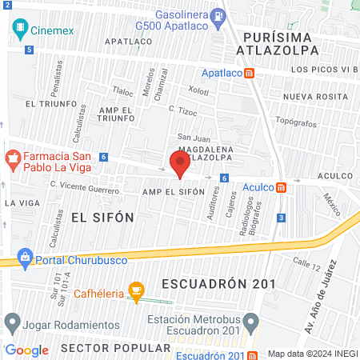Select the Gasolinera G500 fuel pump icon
click(x=218, y=15)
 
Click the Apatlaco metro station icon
click(x=250, y=73)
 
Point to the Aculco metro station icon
click(x=281, y=187)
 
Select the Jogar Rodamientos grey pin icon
click(x=12, y=323)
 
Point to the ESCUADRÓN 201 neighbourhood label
click(x=218, y=284)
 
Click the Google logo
click(x=27, y=350)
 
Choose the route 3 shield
click(x=281, y=218)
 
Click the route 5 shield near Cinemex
click(x=30, y=50)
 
